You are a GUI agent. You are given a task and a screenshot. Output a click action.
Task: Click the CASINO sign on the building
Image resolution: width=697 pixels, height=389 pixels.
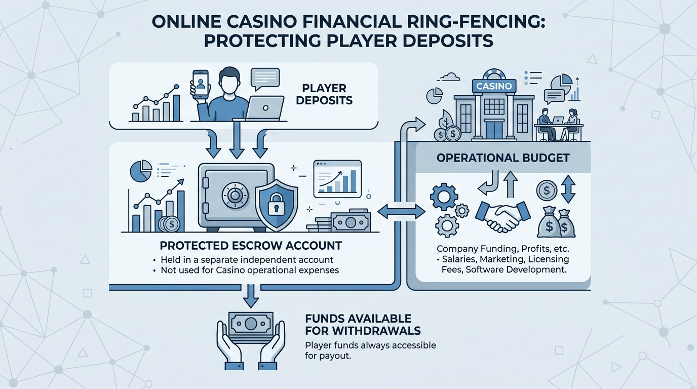494,86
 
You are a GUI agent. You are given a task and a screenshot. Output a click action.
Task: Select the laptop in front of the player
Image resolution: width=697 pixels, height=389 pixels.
265,107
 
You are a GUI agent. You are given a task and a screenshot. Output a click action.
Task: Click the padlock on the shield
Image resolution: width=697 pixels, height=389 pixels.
276,205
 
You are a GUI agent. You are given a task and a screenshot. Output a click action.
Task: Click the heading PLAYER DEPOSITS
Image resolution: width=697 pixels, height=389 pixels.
324,93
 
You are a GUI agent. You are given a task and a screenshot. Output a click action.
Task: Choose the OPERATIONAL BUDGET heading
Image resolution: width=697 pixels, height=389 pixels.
502,158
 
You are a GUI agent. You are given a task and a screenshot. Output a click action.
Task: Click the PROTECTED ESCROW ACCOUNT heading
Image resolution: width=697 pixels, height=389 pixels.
251,246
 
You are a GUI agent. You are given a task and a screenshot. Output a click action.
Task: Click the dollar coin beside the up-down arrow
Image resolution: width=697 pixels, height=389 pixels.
547,191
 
